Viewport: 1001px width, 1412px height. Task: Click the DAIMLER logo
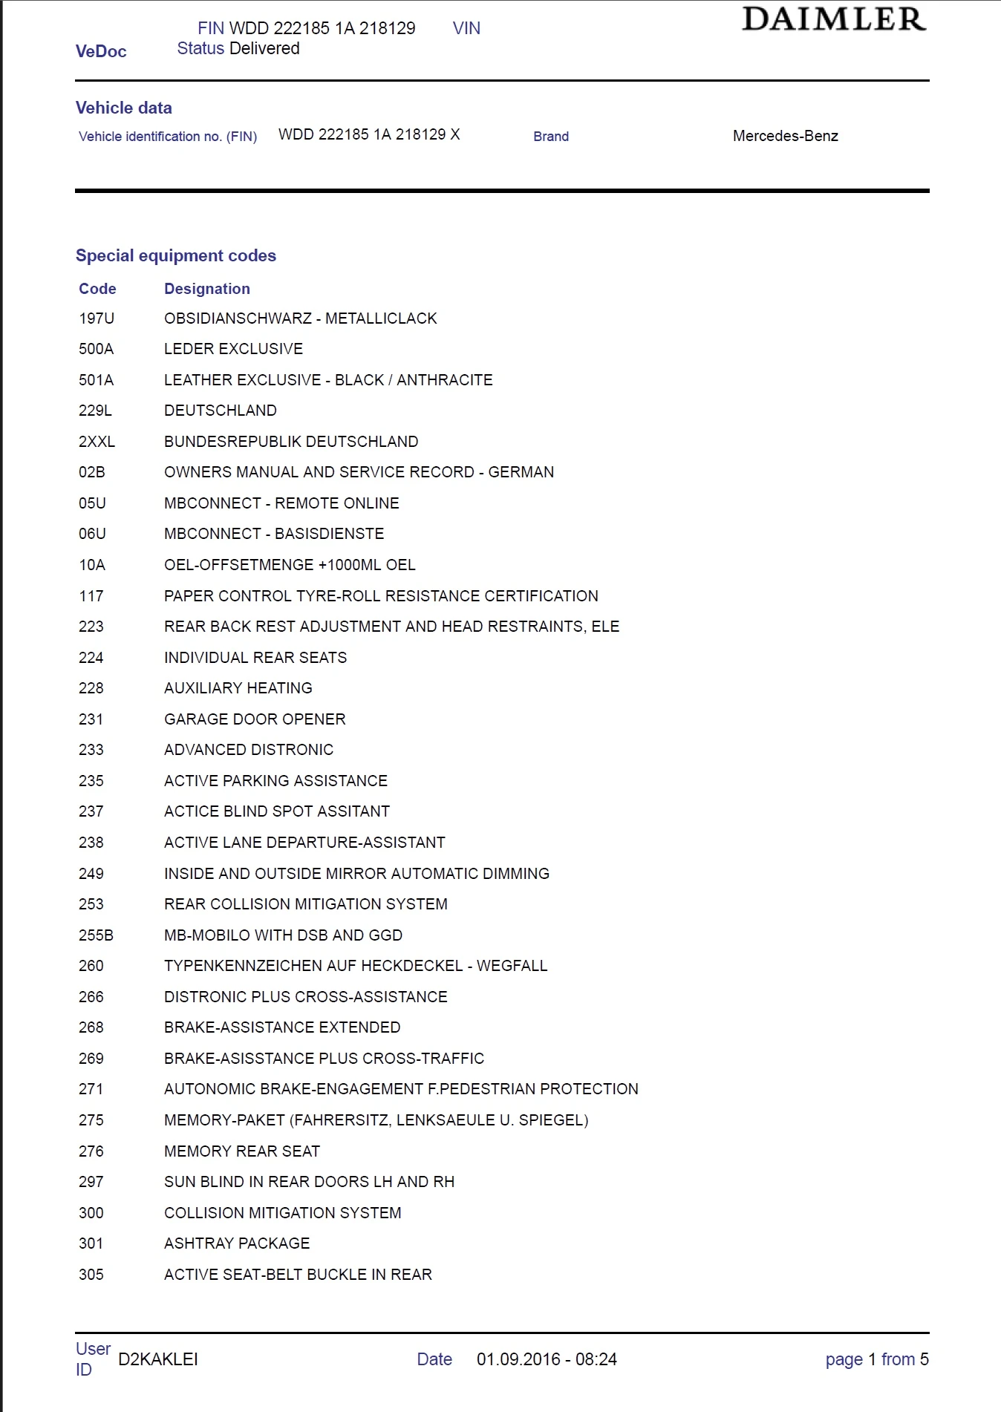834,19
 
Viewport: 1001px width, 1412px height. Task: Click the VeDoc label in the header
101,51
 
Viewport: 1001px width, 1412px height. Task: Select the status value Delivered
264,49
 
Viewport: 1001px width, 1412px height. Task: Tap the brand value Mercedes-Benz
785,136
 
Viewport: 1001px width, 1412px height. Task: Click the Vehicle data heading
124,108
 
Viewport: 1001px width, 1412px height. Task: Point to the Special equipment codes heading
176,255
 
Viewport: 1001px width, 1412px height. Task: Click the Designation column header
206,289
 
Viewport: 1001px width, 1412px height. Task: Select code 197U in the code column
97,318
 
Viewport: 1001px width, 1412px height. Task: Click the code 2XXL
97,442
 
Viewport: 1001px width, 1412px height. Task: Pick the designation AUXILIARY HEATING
238,688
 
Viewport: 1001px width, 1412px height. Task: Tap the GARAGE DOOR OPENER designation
255,719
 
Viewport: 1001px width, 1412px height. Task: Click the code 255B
96,935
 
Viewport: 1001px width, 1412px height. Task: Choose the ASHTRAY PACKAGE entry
237,1243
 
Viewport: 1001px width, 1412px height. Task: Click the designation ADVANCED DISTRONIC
249,750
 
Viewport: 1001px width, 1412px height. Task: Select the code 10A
92,565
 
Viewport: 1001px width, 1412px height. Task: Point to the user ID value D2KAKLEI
158,1359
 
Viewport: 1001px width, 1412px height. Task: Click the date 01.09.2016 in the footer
518,1359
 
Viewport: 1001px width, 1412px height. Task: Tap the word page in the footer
844,1360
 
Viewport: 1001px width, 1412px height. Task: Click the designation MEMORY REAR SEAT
242,1151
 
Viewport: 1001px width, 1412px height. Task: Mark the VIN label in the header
466,28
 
